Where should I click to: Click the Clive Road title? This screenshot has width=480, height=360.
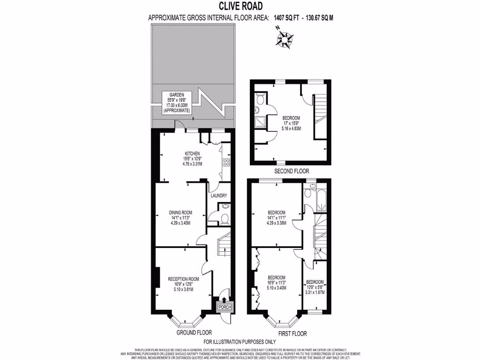point(240,6)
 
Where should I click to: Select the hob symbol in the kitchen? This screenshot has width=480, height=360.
point(226,163)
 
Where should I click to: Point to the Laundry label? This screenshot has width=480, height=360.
point(219,196)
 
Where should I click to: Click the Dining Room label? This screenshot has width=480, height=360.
point(181,217)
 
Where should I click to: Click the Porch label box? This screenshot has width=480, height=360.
point(224,307)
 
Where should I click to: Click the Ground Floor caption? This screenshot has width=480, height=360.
point(191,333)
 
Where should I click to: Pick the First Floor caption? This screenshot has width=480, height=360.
point(292,334)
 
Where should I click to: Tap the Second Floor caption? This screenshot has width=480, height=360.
point(292,171)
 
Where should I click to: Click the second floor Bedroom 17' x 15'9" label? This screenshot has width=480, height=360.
point(291,123)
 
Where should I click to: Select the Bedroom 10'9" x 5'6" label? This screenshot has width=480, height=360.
point(315,287)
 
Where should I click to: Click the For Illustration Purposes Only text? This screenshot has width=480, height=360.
point(240,342)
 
